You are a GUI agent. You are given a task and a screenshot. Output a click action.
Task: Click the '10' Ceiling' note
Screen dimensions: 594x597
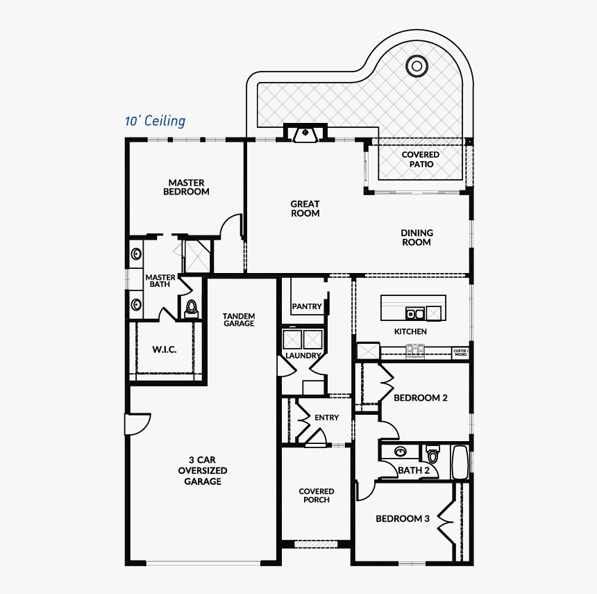155,121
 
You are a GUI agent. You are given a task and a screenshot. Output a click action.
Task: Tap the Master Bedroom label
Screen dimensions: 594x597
186,188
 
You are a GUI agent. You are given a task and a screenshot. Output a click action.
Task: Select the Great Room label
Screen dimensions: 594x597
305,208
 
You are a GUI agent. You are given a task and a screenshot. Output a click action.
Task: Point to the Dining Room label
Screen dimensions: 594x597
417,238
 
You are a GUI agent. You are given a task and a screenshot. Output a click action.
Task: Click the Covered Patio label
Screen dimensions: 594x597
421,159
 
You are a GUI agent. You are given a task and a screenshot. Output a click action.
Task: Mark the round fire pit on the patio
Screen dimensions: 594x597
417,67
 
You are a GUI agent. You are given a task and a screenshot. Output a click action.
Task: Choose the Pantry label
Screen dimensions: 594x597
307,306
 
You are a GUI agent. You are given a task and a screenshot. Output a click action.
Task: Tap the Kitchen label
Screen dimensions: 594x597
411,331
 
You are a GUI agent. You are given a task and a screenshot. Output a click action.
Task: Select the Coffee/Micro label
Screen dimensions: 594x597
461,352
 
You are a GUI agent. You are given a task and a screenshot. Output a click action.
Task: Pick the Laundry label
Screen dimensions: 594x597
303,356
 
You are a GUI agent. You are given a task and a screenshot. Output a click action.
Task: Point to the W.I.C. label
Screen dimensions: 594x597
165,349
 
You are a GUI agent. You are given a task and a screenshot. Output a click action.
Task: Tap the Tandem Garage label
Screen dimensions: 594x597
239,320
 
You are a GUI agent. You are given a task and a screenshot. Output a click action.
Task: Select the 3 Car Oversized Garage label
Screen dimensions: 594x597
203,470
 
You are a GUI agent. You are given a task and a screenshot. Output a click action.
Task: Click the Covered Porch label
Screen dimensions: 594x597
317,495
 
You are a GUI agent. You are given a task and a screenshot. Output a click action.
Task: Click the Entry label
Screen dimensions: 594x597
327,418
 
